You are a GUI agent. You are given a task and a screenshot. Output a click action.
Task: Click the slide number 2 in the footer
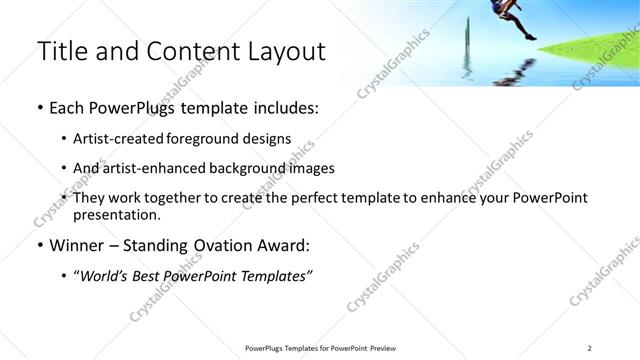[x=590, y=348]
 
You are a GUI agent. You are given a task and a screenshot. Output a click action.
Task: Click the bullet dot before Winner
[x=39, y=245]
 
